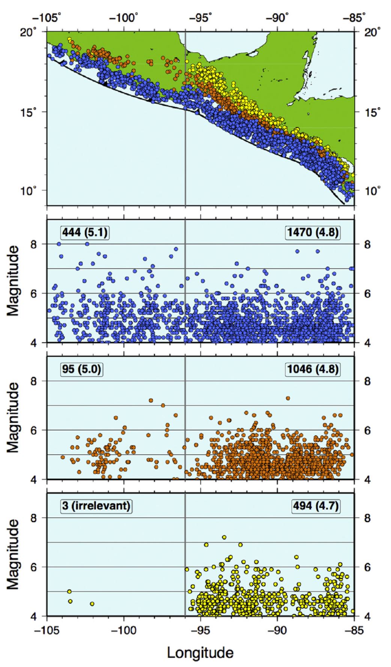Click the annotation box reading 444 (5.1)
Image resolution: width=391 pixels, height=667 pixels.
[84, 233]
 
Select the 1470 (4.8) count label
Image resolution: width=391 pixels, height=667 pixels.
[313, 233]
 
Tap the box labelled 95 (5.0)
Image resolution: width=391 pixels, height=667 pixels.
[81, 369]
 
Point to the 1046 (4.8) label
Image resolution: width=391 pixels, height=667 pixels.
[313, 369]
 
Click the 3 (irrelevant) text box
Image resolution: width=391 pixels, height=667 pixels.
[96, 506]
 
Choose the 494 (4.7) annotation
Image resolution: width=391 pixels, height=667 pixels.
[316, 506]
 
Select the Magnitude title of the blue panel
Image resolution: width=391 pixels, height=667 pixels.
[14, 280]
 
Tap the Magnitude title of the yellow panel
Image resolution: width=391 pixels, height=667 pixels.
[14, 554]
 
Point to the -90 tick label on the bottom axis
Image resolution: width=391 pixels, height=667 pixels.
[277, 630]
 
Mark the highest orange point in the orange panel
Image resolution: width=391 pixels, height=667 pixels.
[288, 398]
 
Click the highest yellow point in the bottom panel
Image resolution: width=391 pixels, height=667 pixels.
[224, 537]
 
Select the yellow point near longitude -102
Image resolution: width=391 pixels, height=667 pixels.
[92, 604]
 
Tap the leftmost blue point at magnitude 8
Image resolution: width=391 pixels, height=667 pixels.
[59, 244]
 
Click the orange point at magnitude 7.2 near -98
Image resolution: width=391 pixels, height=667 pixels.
[151, 401]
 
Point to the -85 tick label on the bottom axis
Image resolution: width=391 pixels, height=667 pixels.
[354, 630]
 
